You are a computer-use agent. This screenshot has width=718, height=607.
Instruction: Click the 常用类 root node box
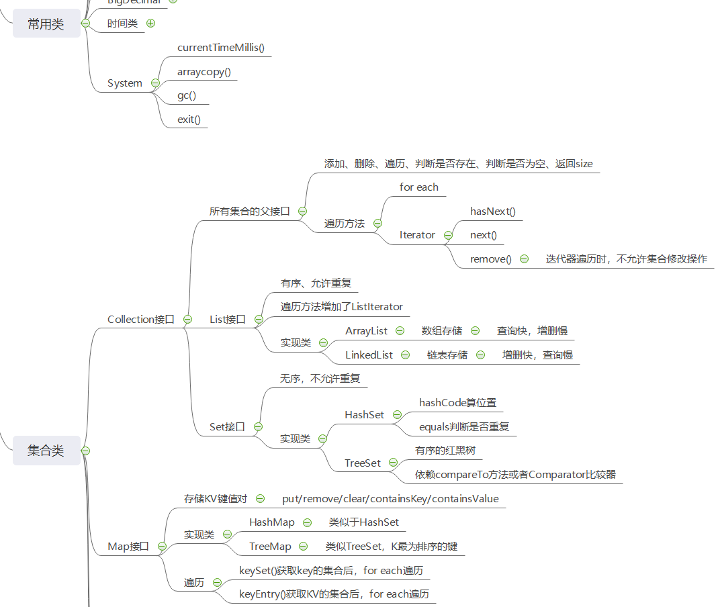point(46,24)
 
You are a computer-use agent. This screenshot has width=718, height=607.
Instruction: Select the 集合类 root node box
point(46,451)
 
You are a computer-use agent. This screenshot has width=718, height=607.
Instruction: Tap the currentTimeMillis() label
point(221,47)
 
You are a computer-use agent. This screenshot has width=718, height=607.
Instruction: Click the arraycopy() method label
point(204,71)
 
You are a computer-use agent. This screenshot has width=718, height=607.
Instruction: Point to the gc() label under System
point(186,95)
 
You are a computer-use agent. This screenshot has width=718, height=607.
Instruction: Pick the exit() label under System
point(189,120)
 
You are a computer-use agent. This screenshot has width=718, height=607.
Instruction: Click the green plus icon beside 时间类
point(150,23)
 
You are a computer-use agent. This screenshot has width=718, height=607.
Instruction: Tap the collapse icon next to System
point(155,83)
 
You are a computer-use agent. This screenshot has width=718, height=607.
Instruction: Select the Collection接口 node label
point(141,320)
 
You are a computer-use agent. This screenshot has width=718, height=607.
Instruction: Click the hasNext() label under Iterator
point(492,212)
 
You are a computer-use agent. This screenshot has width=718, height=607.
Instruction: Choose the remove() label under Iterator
point(490,259)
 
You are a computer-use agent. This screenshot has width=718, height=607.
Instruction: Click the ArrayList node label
point(366,330)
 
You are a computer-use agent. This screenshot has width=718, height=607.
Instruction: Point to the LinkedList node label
point(369,355)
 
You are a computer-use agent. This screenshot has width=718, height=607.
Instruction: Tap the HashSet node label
point(364,415)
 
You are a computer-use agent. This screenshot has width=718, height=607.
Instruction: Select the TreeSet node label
point(363,463)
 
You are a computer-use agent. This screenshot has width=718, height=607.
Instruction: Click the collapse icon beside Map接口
point(162,547)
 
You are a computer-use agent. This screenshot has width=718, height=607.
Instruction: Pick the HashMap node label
point(271,522)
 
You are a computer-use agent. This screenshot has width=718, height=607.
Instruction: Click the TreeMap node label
point(270,547)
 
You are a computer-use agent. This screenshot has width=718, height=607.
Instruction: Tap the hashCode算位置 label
point(457,403)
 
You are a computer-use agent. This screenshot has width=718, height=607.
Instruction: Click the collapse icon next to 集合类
point(85,451)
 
